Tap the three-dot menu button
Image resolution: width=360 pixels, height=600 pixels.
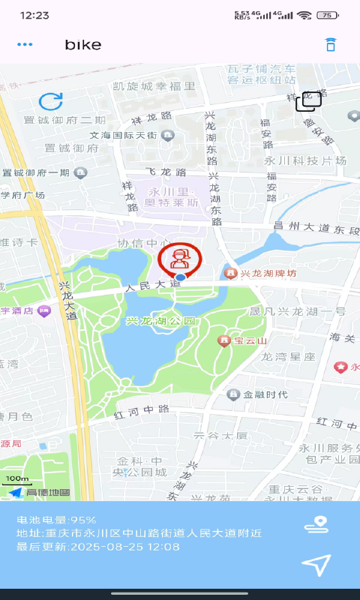click(x=25, y=44)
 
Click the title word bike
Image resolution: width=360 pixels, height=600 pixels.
click(x=82, y=44)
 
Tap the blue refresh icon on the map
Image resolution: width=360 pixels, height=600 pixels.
click(x=51, y=102)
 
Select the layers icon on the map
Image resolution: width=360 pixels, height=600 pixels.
click(x=307, y=101)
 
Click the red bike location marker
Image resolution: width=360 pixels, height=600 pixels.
click(x=180, y=259)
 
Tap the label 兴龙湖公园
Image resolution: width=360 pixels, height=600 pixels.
click(x=160, y=321)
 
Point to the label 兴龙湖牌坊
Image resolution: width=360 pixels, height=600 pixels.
click(x=268, y=274)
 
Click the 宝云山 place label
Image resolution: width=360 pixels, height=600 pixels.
click(x=250, y=340)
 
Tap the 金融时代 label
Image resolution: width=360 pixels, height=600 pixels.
click(x=265, y=394)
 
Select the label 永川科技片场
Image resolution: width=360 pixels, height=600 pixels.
click(x=304, y=160)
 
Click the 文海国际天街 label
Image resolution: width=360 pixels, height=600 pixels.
click(x=123, y=136)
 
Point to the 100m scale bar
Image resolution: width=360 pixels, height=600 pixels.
click(x=16, y=480)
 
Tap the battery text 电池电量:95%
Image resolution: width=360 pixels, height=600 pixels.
click(x=58, y=520)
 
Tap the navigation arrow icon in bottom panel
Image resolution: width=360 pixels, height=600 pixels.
click(x=316, y=565)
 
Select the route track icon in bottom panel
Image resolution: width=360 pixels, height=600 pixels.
click(x=316, y=525)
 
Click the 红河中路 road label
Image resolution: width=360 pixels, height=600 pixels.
click(x=142, y=410)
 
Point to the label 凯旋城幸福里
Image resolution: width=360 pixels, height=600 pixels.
click(x=154, y=87)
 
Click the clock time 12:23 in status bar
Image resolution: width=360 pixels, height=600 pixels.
click(x=34, y=15)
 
